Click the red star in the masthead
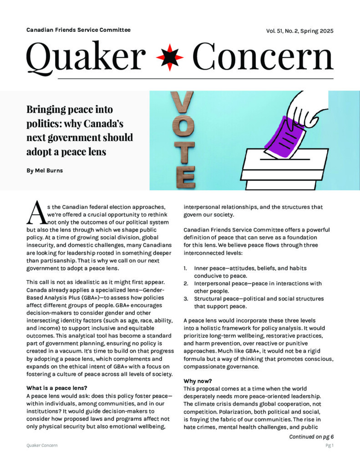point(170,58)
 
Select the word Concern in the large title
point(263,58)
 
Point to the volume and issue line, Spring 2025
point(300,31)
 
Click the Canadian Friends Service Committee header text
point(78,30)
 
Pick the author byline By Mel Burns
point(45,171)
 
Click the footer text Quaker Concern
point(42,446)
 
